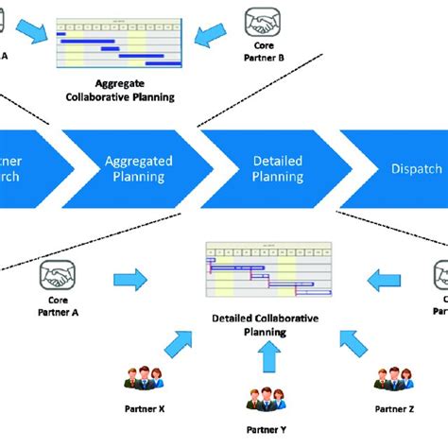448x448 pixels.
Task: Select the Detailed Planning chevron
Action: click(277, 168)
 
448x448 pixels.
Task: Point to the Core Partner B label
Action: click(264, 49)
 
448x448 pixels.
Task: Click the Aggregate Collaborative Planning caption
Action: click(119, 91)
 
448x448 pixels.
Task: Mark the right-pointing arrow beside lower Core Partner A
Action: click(130, 279)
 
